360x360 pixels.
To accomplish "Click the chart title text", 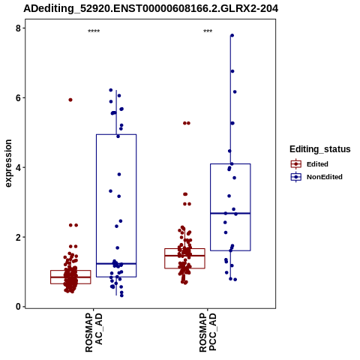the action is point(151,8).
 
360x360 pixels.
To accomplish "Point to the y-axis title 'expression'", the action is point(8,163).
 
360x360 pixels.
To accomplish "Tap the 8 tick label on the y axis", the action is point(18,28).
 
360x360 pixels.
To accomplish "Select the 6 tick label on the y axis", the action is point(18,97).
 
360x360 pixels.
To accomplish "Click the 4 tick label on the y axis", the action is point(18,167).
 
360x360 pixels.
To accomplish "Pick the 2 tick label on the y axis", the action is point(18,237).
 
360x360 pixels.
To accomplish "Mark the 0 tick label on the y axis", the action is point(18,307).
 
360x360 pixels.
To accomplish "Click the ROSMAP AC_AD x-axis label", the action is point(94,333).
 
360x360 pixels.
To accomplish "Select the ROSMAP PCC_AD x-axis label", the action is point(208,333).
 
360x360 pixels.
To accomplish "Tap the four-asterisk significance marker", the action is point(94,31).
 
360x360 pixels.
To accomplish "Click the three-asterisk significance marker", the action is point(208,31).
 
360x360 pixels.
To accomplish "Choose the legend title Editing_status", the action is point(320,149).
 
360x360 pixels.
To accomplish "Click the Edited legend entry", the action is point(310,164).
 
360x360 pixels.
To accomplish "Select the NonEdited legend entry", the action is point(316,177).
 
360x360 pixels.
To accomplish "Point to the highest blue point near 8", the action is point(232,35).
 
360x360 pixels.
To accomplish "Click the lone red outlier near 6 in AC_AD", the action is point(70,100).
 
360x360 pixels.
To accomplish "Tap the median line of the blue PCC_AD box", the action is point(230,213).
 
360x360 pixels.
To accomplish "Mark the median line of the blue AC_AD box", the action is point(116,263).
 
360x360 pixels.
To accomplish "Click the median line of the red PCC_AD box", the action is point(184,256).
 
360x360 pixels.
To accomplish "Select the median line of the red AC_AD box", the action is point(70,277).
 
